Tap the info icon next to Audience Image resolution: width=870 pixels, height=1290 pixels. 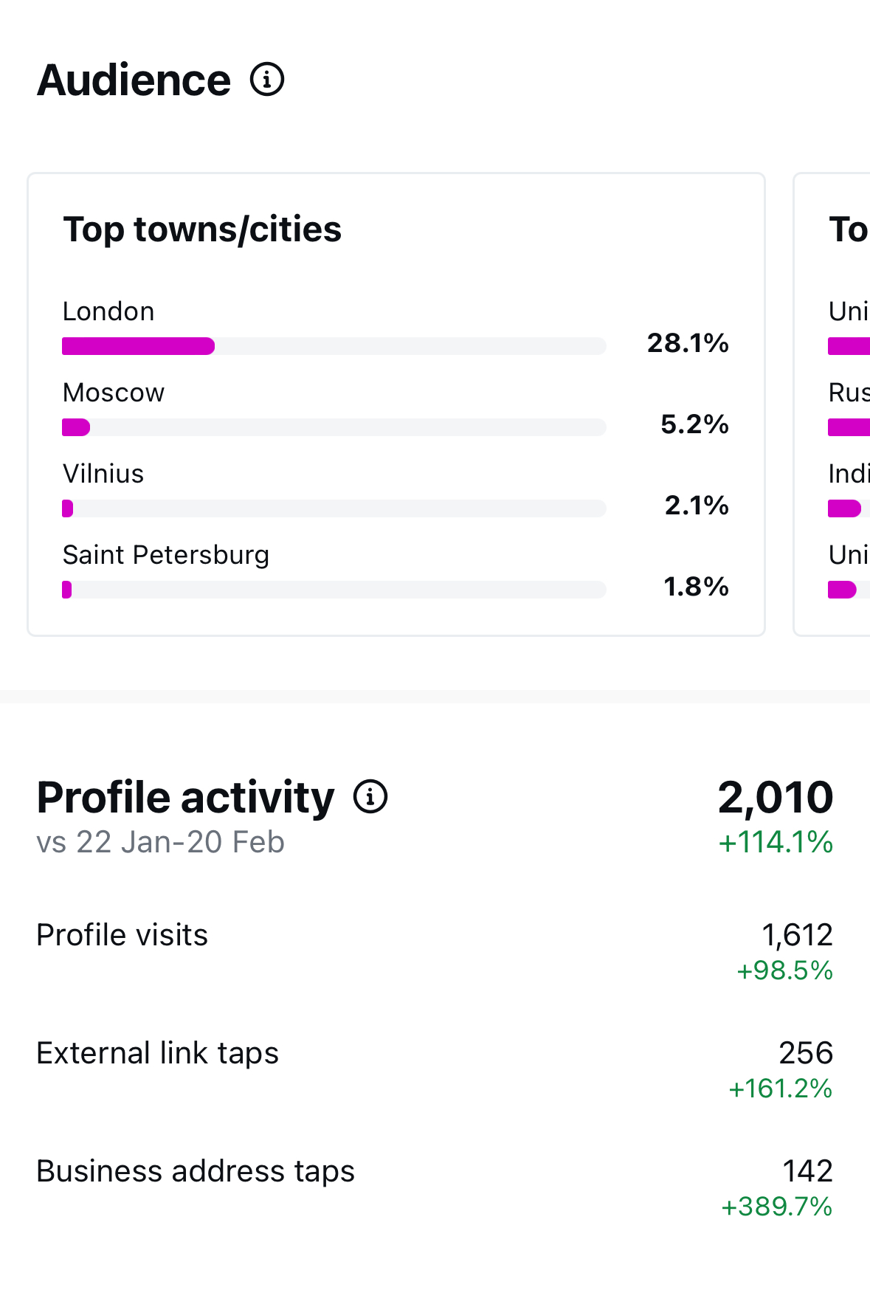click(267, 80)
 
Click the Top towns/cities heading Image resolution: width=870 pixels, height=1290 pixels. click(202, 230)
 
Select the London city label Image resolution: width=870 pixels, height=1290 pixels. click(108, 311)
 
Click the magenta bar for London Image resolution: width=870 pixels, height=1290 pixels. click(139, 346)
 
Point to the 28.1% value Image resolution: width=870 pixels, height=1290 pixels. click(688, 343)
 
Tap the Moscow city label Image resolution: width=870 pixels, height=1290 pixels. click(114, 393)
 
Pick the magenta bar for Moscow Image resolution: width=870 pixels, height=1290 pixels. click(76, 427)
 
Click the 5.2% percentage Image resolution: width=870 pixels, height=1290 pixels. click(694, 424)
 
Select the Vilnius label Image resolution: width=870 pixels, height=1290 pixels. click(103, 474)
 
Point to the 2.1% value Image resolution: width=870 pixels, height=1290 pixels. click(697, 506)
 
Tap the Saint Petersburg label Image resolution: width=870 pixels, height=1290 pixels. click(166, 555)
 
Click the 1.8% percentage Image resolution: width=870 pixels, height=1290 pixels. click(696, 587)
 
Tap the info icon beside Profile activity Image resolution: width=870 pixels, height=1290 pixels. click(370, 797)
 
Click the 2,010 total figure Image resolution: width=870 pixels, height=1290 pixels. click(776, 797)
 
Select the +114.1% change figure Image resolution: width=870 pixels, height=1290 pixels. click(776, 842)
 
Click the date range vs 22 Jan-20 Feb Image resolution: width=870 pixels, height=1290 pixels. click(161, 842)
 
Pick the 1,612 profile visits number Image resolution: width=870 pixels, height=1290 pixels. click(797, 935)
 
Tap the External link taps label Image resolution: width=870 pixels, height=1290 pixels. click(158, 1053)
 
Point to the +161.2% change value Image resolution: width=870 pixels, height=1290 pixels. click(781, 1089)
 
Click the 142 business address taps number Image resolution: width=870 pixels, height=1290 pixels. click(807, 1171)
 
